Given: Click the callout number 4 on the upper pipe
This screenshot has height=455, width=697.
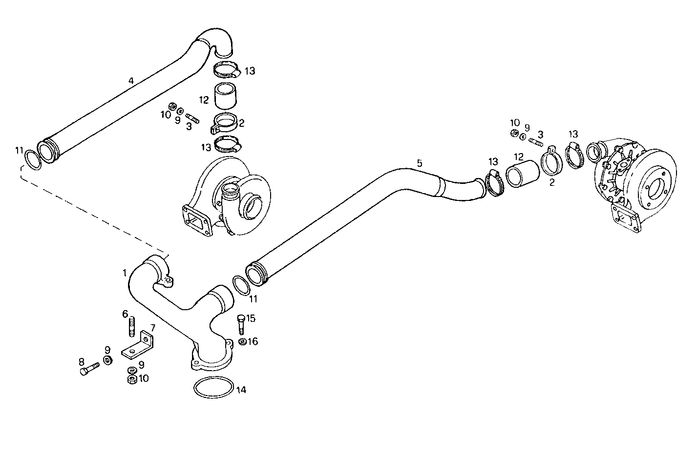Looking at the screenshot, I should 131,80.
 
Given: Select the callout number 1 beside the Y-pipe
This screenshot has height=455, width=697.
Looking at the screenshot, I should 125,273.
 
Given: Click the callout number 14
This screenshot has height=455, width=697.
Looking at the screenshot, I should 241,390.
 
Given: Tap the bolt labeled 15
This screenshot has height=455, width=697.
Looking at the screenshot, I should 240,323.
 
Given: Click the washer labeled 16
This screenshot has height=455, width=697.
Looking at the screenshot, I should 242,341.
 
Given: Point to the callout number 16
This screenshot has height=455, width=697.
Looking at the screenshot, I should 252,341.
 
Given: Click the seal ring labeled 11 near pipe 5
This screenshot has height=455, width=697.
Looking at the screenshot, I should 239,285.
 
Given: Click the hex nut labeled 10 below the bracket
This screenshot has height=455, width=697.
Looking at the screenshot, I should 131,379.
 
